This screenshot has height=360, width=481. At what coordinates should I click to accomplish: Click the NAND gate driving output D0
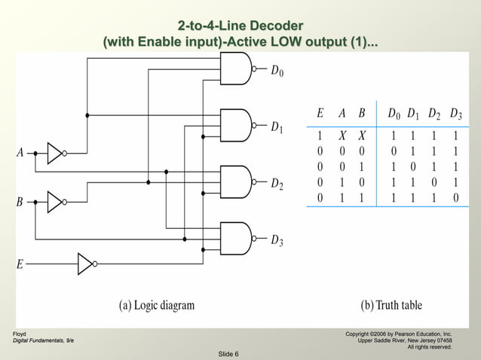pyautogui.click(x=235, y=72)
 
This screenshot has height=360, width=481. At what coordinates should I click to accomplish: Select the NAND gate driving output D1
pyautogui.click(x=235, y=125)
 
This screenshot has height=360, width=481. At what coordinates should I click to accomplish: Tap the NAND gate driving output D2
pyautogui.click(x=235, y=182)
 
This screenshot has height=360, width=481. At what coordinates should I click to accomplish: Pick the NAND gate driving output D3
pyautogui.click(x=235, y=239)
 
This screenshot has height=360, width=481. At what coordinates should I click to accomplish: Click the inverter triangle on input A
pyautogui.click(x=55, y=153)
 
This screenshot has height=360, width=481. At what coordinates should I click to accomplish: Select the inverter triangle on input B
pyautogui.click(x=55, y=202)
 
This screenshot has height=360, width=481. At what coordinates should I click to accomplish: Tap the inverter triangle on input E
pyautogui.click(x=85, y=264)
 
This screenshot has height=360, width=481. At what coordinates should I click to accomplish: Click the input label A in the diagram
pyautogui.click(x=21, y=153)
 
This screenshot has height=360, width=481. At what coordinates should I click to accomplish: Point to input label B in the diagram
pyautogui.click(x=21, y=202)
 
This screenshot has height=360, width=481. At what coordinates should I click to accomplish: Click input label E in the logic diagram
pyautogui.click(x=20, y=264)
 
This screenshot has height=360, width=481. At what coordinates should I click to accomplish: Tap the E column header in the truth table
pyautogui.click(x=320, y=114)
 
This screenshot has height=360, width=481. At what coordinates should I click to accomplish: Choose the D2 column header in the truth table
pyautogui.click(x=434, y=114)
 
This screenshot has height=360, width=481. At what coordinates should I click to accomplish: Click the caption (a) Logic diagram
pyautogui.click(x=156, y=305)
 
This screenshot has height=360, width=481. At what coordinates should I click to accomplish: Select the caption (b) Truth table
pyautogui.click(x=391, y=305)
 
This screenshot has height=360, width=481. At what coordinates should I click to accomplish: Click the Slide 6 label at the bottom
pyautogui.click(x=228, y=354)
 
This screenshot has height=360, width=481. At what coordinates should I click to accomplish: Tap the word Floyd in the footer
pyautogui.click(x=19, y=333)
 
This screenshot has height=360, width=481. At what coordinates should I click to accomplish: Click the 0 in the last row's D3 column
pyautogui.click(x=455, y=198)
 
